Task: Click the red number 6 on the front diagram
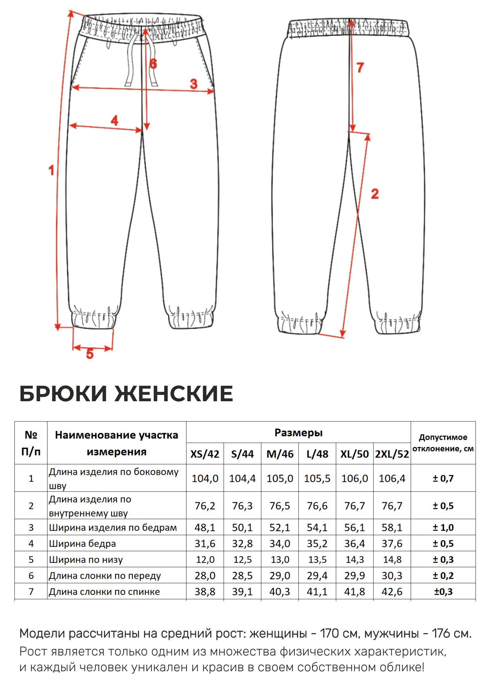click(x=153, y=64)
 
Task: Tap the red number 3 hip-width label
click(x=194, y=84)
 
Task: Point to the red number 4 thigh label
click(x=114, y=121)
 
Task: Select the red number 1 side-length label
click(x=51, y=170)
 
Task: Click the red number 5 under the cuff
click(x=90, y=354)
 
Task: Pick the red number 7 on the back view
click(x=360, y=68)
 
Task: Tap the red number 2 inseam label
click(x=375, y=194)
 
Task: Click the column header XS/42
click(x=205, y=454)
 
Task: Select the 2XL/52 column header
click(x=392, y=454)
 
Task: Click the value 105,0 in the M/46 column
click(x=280, y=478)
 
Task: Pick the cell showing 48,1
click(x=205, y=527)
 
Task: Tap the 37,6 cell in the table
click(x=392, y=544)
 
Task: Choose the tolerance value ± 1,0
click(x=443, y=527)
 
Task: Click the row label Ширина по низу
click(x=86, y=560)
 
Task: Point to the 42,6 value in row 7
click(x=392, y=591)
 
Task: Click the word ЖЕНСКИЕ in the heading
click(x=174, y=394)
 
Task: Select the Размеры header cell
click(x=298, y=432)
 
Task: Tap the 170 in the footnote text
click(x=329, y=633)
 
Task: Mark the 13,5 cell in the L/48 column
click(x=317, y=560)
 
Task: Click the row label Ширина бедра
click(x=82, y=544)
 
